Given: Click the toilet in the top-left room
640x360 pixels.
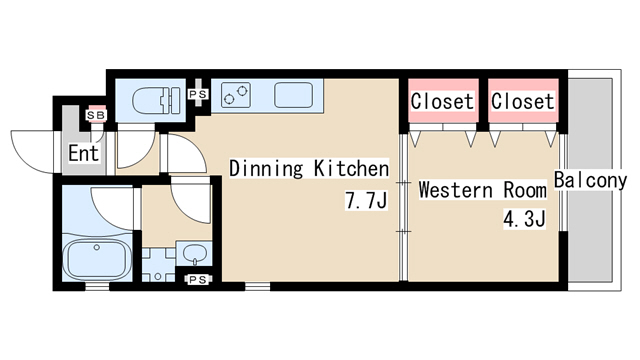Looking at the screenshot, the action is coord(156,100).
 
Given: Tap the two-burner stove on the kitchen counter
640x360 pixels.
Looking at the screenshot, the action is coord(236,95).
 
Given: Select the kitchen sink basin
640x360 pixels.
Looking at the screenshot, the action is coord(294,95).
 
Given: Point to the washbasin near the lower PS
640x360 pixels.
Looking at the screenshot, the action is coord(194,254).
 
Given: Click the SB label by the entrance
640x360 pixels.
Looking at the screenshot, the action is coord(96,116).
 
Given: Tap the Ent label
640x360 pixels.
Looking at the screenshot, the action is coord(83,153).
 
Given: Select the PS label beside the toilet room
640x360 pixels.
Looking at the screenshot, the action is coord(198,94).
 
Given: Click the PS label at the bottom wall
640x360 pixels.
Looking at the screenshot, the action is coord(198,280).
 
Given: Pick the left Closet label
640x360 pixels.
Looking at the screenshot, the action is coord(442,101).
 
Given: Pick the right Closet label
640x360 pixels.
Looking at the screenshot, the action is coord(522,101).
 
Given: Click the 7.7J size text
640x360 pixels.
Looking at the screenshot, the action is coord(366,200).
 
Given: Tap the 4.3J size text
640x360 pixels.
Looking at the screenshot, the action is coord(524,219).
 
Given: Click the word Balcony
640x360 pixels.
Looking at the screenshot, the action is coord(590,180).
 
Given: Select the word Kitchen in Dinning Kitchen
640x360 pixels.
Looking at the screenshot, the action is coord(351,169).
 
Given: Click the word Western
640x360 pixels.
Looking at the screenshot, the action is coord(456,190).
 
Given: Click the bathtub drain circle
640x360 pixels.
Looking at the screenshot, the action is coord(97,247).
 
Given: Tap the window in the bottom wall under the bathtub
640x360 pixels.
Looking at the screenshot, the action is coord(97,287).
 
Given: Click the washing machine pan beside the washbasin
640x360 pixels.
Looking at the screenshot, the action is coord(158,264).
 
